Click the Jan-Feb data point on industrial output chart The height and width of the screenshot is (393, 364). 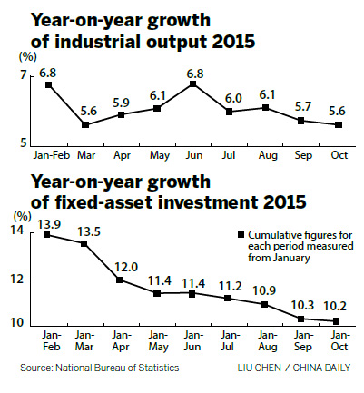click(x=48, y=84)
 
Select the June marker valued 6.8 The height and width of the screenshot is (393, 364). click(x=193, y=84)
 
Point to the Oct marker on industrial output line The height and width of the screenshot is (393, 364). click(x=339, y=125)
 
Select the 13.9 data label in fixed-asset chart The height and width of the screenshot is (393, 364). click(x=48, y=222)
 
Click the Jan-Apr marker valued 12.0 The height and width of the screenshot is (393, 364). click(x=120, y=280)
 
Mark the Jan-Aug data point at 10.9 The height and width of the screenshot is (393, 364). click(x=265, y=305)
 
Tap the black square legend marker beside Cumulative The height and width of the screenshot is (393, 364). click(x=230, y=234)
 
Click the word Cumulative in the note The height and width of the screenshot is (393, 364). click(x=260, y=234)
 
